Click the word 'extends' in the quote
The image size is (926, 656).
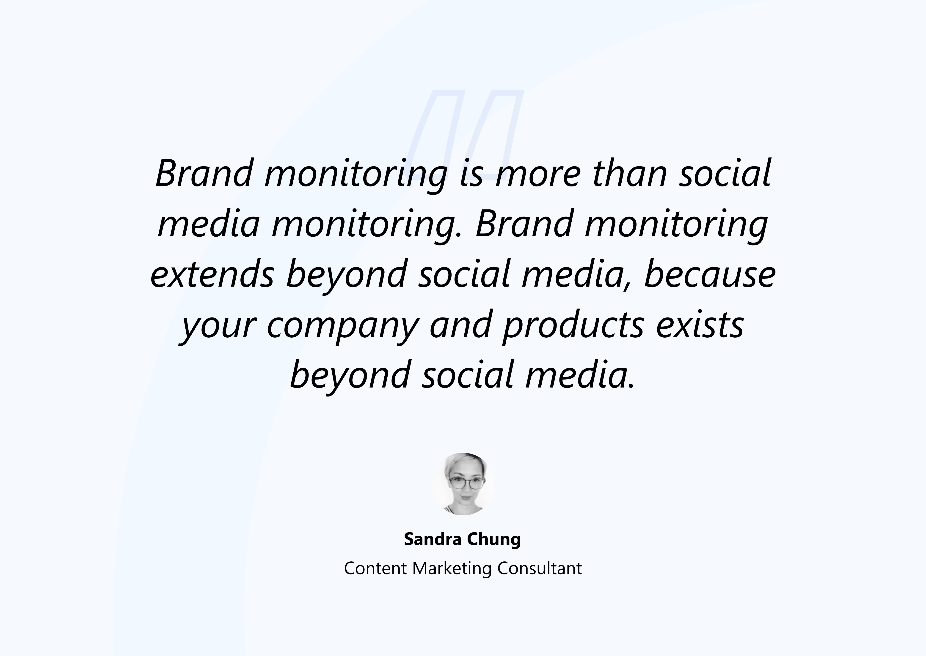[212, 274]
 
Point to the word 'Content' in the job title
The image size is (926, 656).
[375, 568]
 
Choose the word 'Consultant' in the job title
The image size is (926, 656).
[540, 568]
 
